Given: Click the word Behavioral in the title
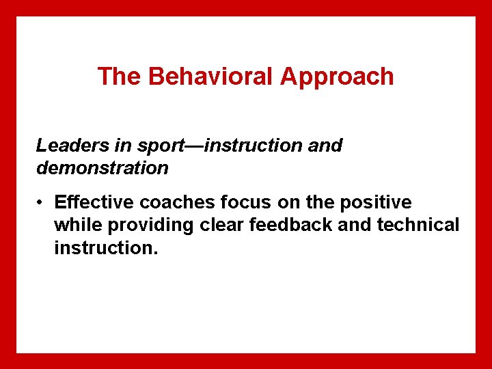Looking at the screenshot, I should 211,77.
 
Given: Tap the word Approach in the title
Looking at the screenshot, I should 337,77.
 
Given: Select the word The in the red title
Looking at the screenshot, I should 120,77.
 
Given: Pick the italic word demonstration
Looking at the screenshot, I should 102,168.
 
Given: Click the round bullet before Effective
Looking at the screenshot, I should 42,204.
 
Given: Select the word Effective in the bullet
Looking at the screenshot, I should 94,203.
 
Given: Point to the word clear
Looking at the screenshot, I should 223,225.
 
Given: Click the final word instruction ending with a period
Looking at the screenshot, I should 106,247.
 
